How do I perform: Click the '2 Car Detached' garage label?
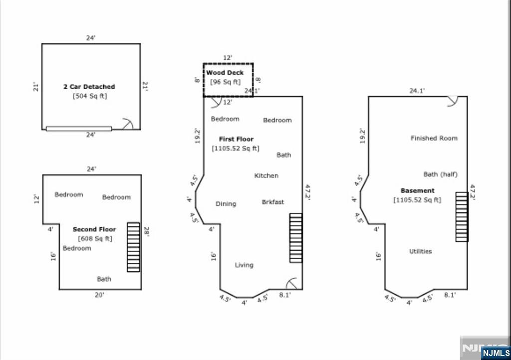(x=89, y=87)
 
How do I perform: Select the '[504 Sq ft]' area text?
(x=90, y=96)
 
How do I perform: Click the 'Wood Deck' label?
(x=225, y=73)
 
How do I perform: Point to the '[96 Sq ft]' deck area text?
(x=225, y=82)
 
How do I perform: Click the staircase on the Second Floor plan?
(x=133, y=247)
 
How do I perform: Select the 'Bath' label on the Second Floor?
(x=104, y=279)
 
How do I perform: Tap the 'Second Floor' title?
(x=94, y=229)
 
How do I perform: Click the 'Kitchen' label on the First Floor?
(x=266, y=176)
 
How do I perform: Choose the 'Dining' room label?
(x=226, y=204)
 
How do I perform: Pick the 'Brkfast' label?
(x=273, y=202)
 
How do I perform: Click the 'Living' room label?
(x=244, y=265)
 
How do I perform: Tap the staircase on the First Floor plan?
(x=296, y=238)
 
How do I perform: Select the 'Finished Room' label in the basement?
(x=434, y=138)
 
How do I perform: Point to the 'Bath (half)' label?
(x=440, y=174)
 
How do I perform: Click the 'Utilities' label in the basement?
(x=420, y=251)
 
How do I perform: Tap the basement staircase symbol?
(x=462, y=217)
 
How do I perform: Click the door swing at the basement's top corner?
(x=454, y=101)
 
